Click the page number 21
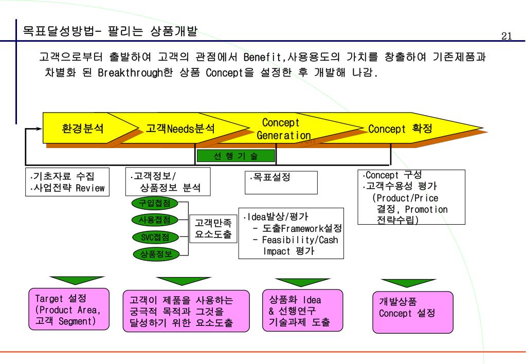[x=506, y=35]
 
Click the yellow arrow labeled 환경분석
[x=83, y=128]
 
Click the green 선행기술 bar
[x=235, y=156]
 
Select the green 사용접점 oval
[x=155, y=220]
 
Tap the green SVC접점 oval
[x=155, y=237]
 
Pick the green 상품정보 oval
[x=155, y=253]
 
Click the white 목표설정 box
[x=281, y=182]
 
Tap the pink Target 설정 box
[x=69, y=308]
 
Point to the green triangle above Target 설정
[x=69, y=280]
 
